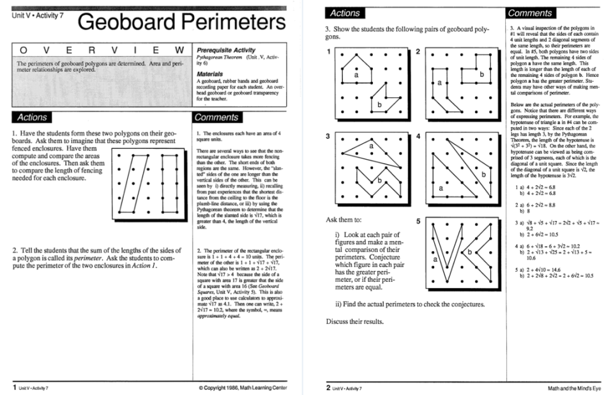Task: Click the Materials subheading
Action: pos(210,74)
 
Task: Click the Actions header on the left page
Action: pos(31,117)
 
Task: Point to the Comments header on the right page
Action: pos(530,13)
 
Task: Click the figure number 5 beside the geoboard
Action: pos(418,222)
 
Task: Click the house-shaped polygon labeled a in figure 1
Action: pos(356,69)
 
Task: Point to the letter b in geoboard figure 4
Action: pos(484,174)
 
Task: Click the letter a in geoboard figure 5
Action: pos(435,259)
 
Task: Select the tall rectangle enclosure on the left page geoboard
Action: pos(169,185)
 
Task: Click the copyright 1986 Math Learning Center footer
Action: pos(243,388)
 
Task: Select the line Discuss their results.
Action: pos(355,321)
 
